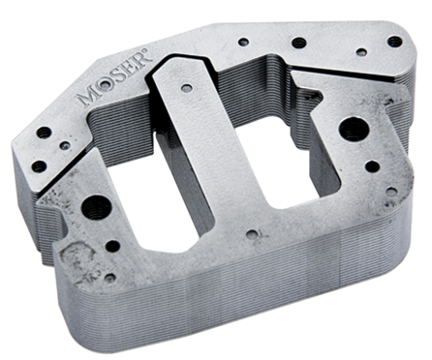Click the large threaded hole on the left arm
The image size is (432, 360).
tap(96, 205)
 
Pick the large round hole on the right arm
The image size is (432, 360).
tap(351, 127)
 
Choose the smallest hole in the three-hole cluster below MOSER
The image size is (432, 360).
tap(64, 146)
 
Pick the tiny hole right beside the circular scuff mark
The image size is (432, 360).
tap(109, 278)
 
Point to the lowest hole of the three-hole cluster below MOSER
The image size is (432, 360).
tap(38, 165)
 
